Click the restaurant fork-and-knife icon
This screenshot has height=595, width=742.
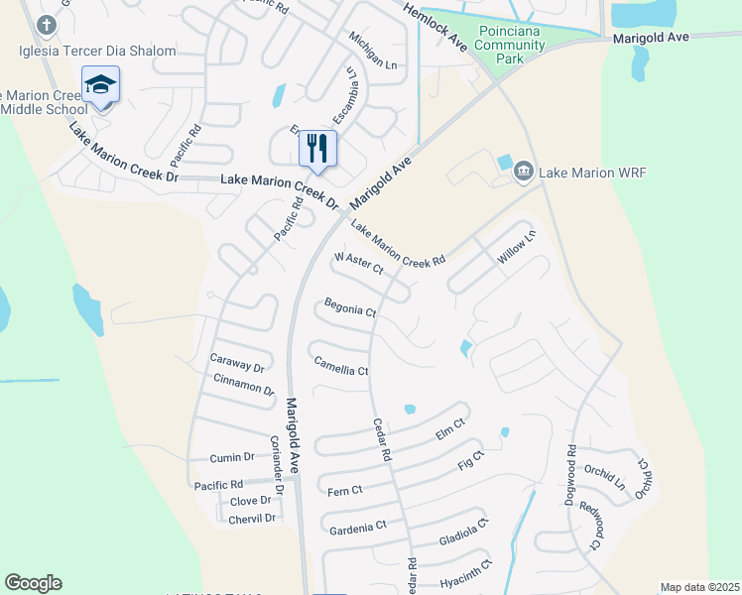317,149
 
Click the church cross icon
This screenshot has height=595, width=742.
45,24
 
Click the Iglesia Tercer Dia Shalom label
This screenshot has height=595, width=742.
97,51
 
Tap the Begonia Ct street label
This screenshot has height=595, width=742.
351,308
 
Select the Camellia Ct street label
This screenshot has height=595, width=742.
341,366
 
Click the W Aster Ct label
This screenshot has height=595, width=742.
358,263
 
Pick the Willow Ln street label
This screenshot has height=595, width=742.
517,248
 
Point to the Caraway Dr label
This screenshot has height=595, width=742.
238,362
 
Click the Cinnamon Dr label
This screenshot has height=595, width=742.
244,385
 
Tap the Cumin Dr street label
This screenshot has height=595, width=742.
232,457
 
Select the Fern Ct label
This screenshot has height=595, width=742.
345,490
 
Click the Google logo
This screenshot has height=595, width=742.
33,583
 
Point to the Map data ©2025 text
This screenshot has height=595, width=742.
699,587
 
